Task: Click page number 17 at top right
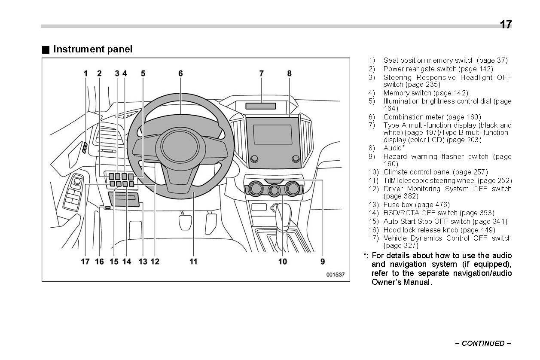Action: (506, 24)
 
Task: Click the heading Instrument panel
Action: (92, 49)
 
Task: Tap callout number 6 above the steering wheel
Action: (180, 73)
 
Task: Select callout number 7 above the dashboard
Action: (261, 73)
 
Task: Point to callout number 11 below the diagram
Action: (193, 261)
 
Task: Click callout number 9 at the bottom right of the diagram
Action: (322, 261)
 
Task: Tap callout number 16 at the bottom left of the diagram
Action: (99, 261)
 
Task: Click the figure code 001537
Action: (335, 275)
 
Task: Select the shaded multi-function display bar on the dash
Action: (261, 106)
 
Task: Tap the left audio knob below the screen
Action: (254, 159)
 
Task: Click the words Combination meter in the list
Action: (413, 117)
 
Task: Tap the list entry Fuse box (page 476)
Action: (416, 204)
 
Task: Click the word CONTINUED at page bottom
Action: (483, 343)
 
